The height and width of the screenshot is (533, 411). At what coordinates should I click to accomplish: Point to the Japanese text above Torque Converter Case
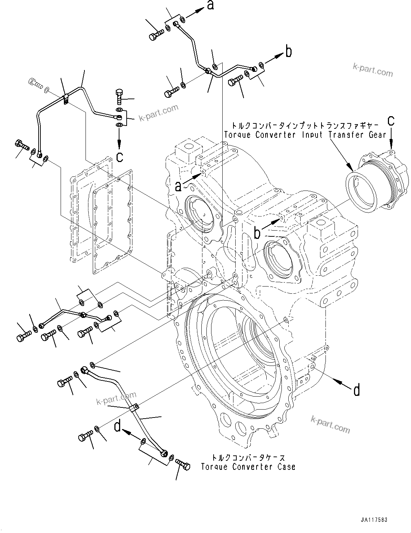coord(248,458)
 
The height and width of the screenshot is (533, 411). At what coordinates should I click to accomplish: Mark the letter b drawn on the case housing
coord(257,233)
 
